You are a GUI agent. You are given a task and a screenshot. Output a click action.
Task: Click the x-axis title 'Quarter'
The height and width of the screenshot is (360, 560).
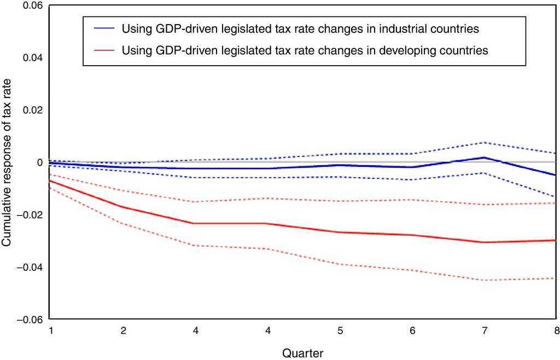[x=302, y=353]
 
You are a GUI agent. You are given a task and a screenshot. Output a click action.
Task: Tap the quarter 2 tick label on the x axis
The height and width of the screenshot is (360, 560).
[x=124, y=330]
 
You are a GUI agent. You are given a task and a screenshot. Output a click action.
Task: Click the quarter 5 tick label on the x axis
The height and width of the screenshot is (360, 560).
[x=340, y=330]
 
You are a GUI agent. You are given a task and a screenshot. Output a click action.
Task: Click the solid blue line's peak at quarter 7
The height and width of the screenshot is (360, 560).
[x=483, y=158]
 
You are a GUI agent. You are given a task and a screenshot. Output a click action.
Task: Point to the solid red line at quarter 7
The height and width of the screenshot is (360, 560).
[x=483, y=242]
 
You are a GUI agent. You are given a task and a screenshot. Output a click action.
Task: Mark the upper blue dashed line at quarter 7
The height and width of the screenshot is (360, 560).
[x=483, y=143]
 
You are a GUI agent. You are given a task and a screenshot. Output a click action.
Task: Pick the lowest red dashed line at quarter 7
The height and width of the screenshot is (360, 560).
[x=483, y=280]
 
